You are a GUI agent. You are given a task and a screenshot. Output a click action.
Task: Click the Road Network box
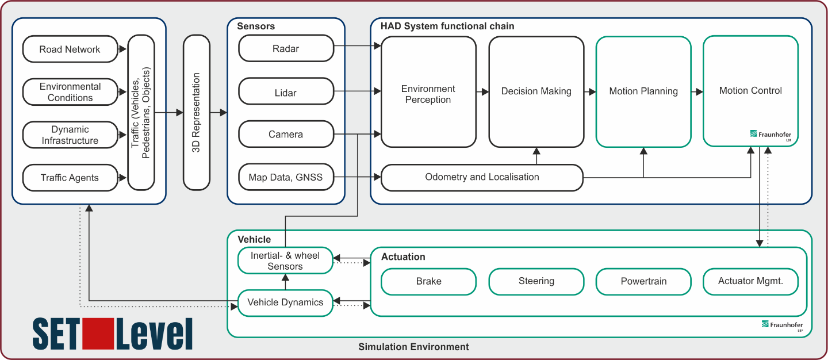click(x=70, y=49)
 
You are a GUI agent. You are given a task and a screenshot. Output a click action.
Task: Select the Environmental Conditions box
click(x=70, y=91)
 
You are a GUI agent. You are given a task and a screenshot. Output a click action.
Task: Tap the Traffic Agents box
click(x=70, y=178)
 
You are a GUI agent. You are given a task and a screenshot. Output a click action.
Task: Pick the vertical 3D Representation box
click(x=197, y=112)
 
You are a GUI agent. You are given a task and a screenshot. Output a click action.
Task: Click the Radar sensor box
click(x=286, y=48)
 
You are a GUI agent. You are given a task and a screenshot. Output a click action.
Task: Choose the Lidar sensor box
click(x=286, y=91)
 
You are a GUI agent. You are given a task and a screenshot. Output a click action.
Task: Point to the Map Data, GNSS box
click(x=286, y=177)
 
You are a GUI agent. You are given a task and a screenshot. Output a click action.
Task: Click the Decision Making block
click(x=536, y=91)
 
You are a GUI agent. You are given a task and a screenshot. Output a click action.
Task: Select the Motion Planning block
click(x=643, y=91)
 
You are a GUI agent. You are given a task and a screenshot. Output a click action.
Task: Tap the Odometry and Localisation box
click(x=482, y=178)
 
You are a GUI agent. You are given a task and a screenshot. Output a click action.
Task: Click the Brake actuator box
click(x=428, y=282)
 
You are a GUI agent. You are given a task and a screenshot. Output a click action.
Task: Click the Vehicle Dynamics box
click(x=285, y=303)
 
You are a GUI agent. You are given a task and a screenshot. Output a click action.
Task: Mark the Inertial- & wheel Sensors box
click(x=285, y=261)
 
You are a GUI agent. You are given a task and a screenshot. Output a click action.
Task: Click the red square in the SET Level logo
click(x=98, y=334)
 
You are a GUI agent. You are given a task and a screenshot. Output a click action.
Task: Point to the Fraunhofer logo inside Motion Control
click(x=770, y=135)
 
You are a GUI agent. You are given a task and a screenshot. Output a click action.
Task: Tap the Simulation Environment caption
click(x=413, y=347)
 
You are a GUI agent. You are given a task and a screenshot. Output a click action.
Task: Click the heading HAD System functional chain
click(x=447, y=26)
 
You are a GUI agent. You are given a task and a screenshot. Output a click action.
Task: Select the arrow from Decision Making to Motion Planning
click(x=590, y=91)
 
